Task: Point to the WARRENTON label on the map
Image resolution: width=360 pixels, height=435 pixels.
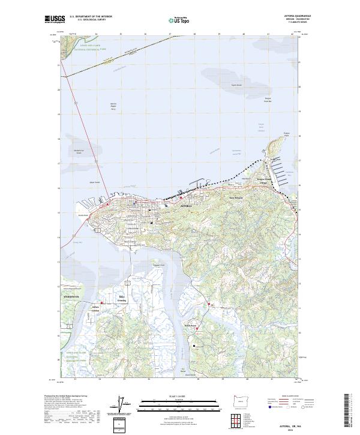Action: click(x=71, y=297)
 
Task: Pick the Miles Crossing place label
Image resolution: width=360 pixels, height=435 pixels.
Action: click(x=122, y=297)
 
